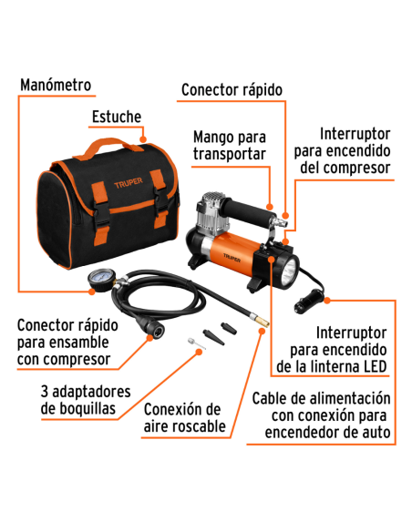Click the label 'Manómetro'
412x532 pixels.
pos(56,85)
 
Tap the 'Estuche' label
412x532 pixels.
pos(116,117)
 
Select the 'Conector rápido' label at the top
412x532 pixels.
pos(232,89)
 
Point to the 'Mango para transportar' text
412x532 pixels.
pos(229,145)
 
